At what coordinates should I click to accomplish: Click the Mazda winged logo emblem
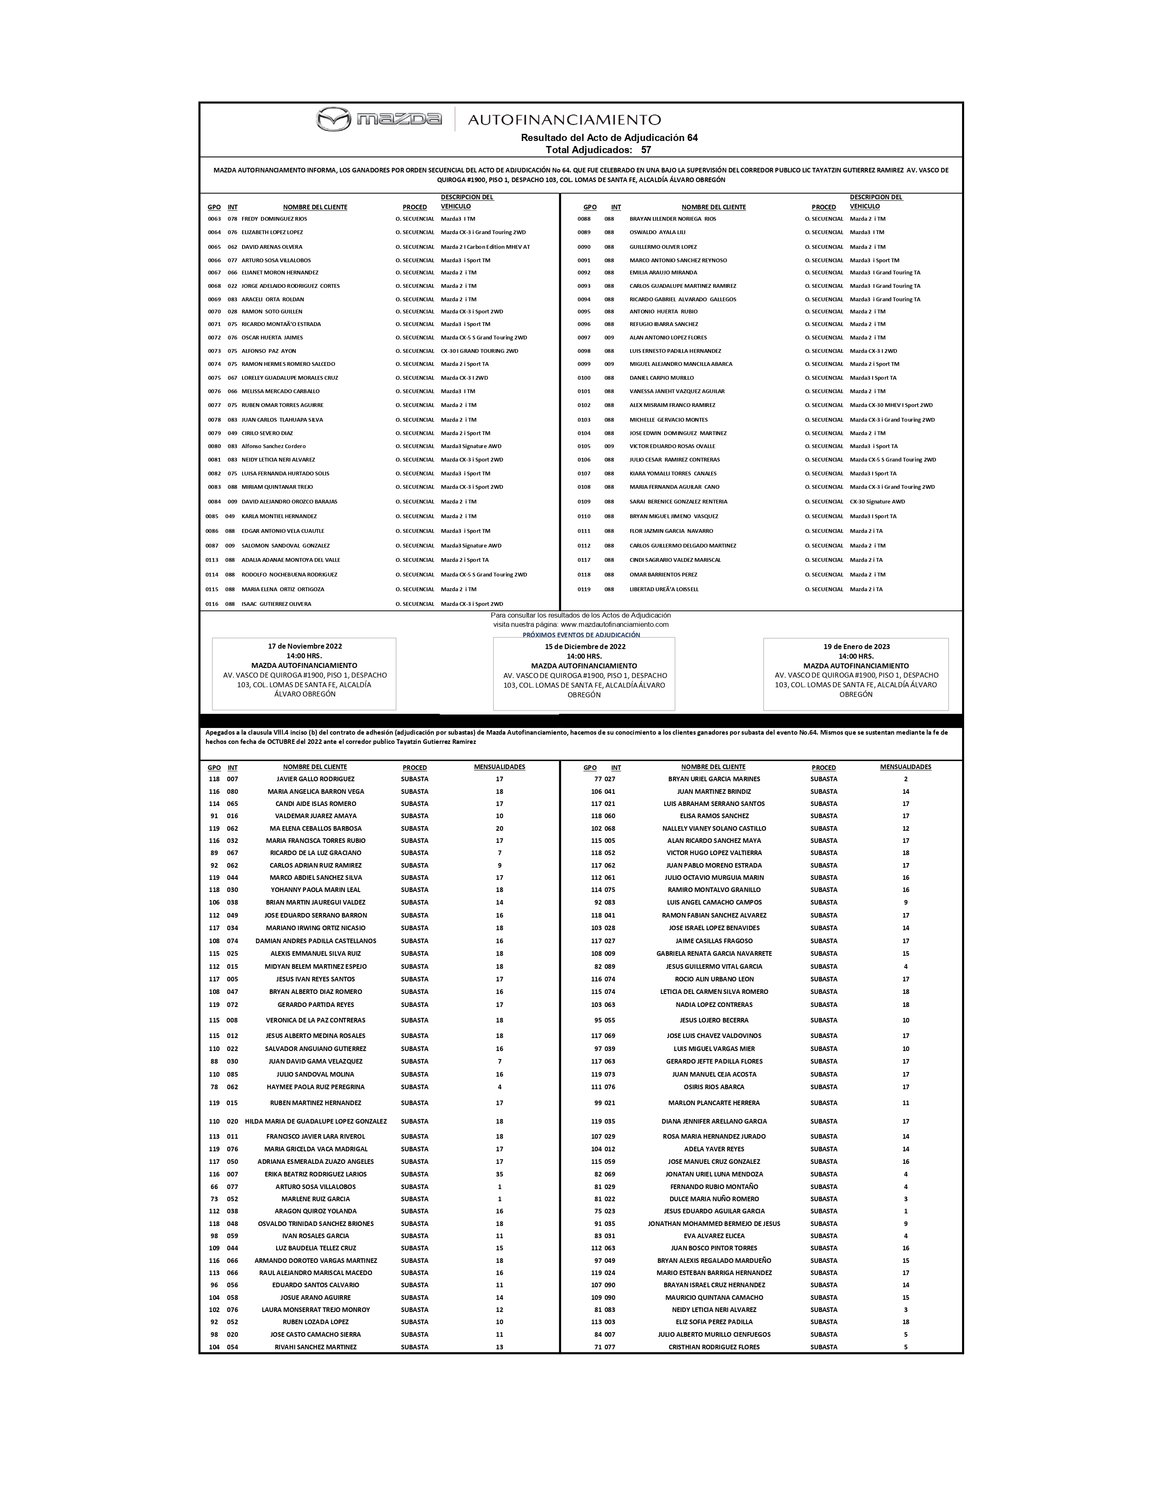click(334, 119)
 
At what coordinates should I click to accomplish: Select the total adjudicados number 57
click(646, 149)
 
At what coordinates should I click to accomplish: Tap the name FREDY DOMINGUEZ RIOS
click(274, 219)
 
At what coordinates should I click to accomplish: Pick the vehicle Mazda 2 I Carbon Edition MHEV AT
click(485, 247)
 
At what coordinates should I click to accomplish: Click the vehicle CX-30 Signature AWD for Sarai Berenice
click(877, 502)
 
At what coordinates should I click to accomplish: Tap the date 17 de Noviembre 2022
click(305, 647)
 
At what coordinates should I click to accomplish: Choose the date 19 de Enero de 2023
click(856, 647)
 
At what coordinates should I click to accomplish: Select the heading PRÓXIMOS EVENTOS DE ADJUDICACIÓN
click(581, 635)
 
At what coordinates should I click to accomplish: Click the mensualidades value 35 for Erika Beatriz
click(500, 1174)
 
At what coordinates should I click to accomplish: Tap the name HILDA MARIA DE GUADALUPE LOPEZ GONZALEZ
click(316, 1121)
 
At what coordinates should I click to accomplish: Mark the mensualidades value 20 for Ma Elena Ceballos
click(500, 828)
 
